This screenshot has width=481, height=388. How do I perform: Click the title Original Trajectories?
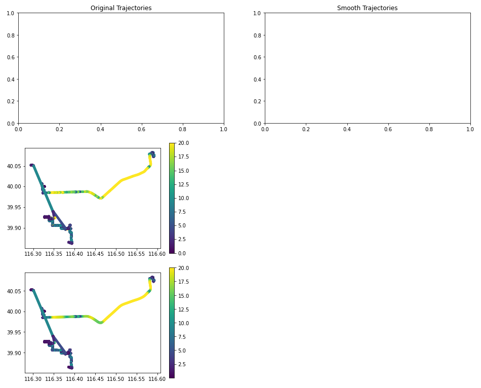pyautogui.click(x=121, y=8)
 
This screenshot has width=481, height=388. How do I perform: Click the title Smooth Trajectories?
pyautogui.click(x=367, y=8)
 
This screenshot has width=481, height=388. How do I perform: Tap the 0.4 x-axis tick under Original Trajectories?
pyautogui.click(x=101, y=130)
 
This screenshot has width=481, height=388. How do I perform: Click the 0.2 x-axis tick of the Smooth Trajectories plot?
pyautogui.click(x=306, y=130)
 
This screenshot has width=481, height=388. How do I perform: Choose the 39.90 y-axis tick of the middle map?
pyautogui.click(x=14, y=228)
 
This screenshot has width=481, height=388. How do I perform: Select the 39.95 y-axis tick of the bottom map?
pyautogui.click(x=14, y=332)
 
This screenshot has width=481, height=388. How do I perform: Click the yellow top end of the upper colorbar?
pyautogui.click(x=172, y=145)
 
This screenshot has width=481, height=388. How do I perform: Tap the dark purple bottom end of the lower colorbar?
pyautogui.click(x=172, y=376)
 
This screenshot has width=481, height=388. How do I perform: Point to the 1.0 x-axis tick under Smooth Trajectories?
pyautogui.click(x=470, y=130)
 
